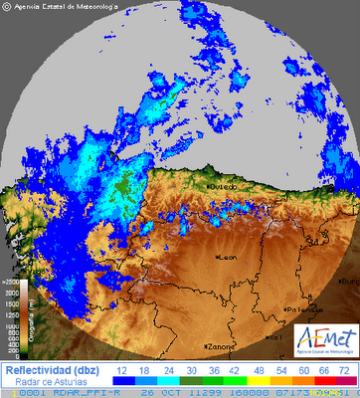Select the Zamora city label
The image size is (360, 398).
coord(220,346)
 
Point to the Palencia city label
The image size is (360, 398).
coord(301,309)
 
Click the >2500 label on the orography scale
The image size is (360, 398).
coord(11,283)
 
